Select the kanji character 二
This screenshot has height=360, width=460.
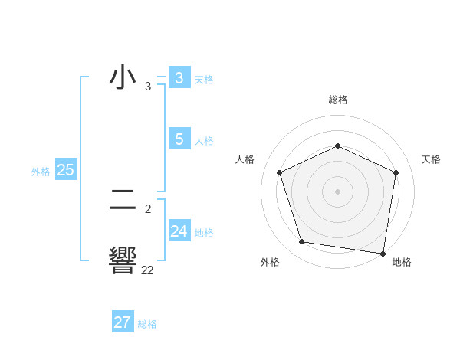(x=123, y=201)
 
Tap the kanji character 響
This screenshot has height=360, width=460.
(x=123, y=261)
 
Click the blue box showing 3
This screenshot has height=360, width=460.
(x=179, y=77)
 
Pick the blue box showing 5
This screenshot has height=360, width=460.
(x=179, y=139)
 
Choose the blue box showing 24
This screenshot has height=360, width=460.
(x=179, y=231)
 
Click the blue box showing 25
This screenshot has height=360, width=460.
(x=65, y=170)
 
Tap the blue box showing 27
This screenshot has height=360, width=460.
(x=123, y=322)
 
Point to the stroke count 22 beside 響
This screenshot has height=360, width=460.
(x=147, y=270)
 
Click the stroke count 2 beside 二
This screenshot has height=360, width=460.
(x=148, y=208)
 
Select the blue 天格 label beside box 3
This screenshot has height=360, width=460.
(x=204, y=79)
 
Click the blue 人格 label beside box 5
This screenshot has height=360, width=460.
(x=204, y=141)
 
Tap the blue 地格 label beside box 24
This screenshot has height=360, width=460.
(x=204, y=233)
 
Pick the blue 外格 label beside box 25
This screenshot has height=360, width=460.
(x=41, y=172)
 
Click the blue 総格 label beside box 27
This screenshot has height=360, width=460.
(x=147, y=325)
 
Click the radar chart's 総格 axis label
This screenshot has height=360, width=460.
(x=337, y=100)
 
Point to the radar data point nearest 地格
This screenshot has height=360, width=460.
(x=383, y=253)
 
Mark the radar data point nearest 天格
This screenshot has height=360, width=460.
(x=396, y=172)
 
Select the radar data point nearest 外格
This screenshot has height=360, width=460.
(x=302, y=242)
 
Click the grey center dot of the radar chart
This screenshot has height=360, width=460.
(x=337, y=191)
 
